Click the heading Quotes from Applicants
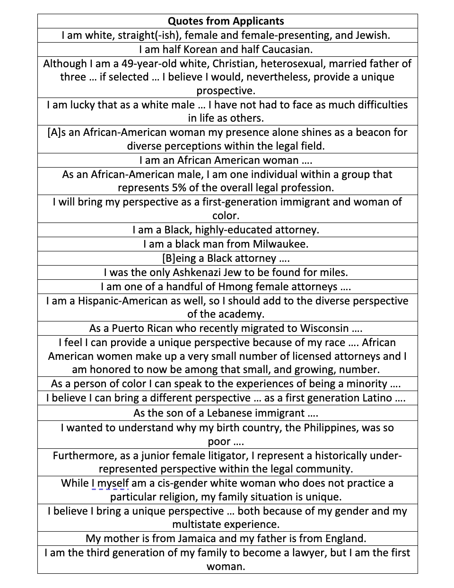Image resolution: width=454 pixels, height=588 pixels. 226,21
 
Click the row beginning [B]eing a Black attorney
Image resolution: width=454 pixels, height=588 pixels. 226,258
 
